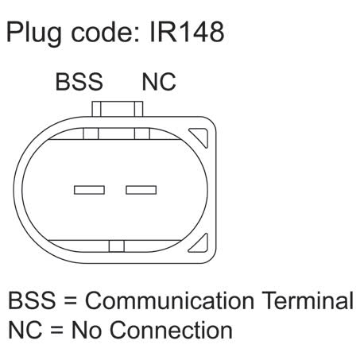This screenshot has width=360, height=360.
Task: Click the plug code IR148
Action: pos(187,32)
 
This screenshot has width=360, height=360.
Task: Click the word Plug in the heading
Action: pos(33,34)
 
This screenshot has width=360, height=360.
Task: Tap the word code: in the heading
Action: pos(106,32)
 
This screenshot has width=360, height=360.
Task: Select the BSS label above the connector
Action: pos(79,82)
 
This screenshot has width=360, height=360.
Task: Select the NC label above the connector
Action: pos(159,82)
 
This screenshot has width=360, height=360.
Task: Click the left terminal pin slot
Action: pos(89,190)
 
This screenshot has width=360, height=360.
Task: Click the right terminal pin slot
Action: pos(141,190)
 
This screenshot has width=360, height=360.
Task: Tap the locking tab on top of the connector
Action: pos(118,109)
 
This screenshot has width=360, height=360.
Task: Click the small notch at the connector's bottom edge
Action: pos(117,246)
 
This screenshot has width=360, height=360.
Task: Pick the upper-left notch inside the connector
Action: pos(91,134)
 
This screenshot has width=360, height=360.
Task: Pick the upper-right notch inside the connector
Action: pos(142,134)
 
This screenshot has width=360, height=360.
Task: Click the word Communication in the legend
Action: pos(169,300)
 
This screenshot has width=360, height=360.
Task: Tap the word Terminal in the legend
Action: pos(308,300)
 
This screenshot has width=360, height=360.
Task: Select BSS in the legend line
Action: pos(32,300)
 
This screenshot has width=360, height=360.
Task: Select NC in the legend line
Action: pos(25,330)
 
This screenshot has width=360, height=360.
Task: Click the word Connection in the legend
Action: pos(171,330)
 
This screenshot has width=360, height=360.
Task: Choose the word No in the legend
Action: pos(87,330)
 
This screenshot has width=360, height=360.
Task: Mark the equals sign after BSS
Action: pos(70,301)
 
